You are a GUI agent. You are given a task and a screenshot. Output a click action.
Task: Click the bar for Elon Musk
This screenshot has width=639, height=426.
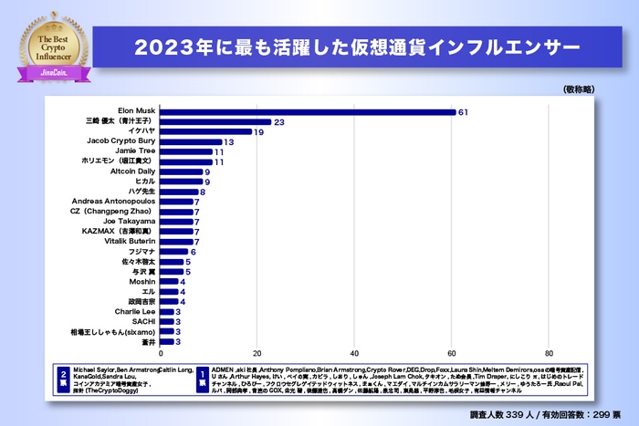pos(309,112)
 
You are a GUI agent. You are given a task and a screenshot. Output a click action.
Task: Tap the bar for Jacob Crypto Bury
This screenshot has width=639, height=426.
pos(192,142)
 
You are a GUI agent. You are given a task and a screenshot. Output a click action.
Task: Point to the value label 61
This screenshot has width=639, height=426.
pos(463,112)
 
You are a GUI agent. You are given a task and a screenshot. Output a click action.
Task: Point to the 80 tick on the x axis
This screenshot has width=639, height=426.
pos(549,353)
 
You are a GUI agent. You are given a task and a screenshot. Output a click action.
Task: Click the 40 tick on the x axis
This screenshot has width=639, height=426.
pos(355,353)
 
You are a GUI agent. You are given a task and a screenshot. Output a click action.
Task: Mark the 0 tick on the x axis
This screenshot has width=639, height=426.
pos(162,353)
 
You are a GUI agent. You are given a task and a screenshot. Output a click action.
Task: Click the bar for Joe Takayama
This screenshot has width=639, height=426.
pos(178,222)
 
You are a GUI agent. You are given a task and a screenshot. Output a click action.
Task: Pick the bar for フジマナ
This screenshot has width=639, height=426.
pos(175,252)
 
